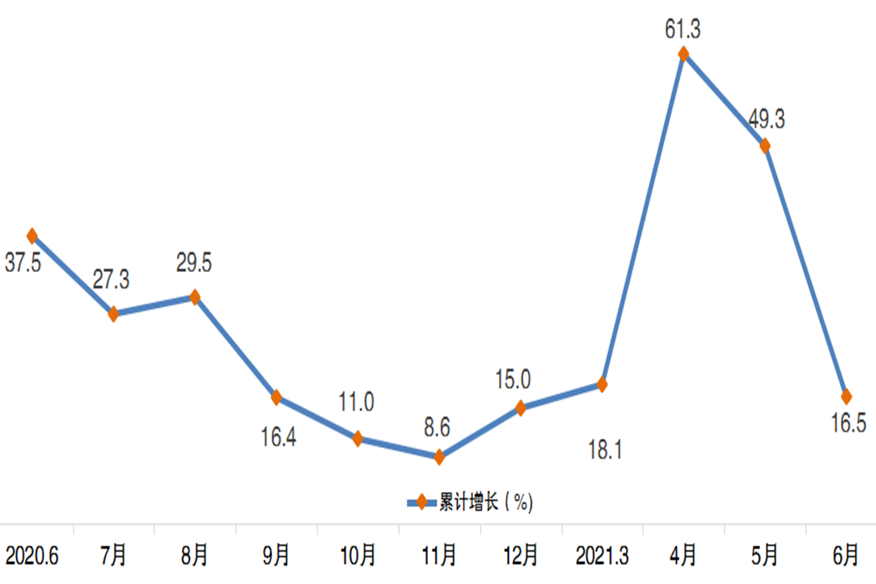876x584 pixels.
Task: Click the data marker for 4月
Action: tap(683, 55)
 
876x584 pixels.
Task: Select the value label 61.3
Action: tap(683, 31)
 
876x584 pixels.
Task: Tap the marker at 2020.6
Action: tap(32, 236)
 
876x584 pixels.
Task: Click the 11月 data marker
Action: tap(439, 456)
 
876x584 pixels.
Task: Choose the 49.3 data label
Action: tap(766, 119)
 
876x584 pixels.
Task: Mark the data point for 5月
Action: tap(764, 146)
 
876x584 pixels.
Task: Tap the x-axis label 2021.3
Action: tap(602, 553)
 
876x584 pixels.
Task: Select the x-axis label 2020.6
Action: tap(32, 553)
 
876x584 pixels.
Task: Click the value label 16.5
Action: tap(848, 423)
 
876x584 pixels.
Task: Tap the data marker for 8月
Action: tap(195, 297)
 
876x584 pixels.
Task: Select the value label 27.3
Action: tap(111, 280)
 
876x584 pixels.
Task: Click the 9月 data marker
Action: tap(276, 398)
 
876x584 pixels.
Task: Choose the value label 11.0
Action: tap(357, 403)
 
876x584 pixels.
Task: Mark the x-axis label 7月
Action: tap(113, 553)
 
